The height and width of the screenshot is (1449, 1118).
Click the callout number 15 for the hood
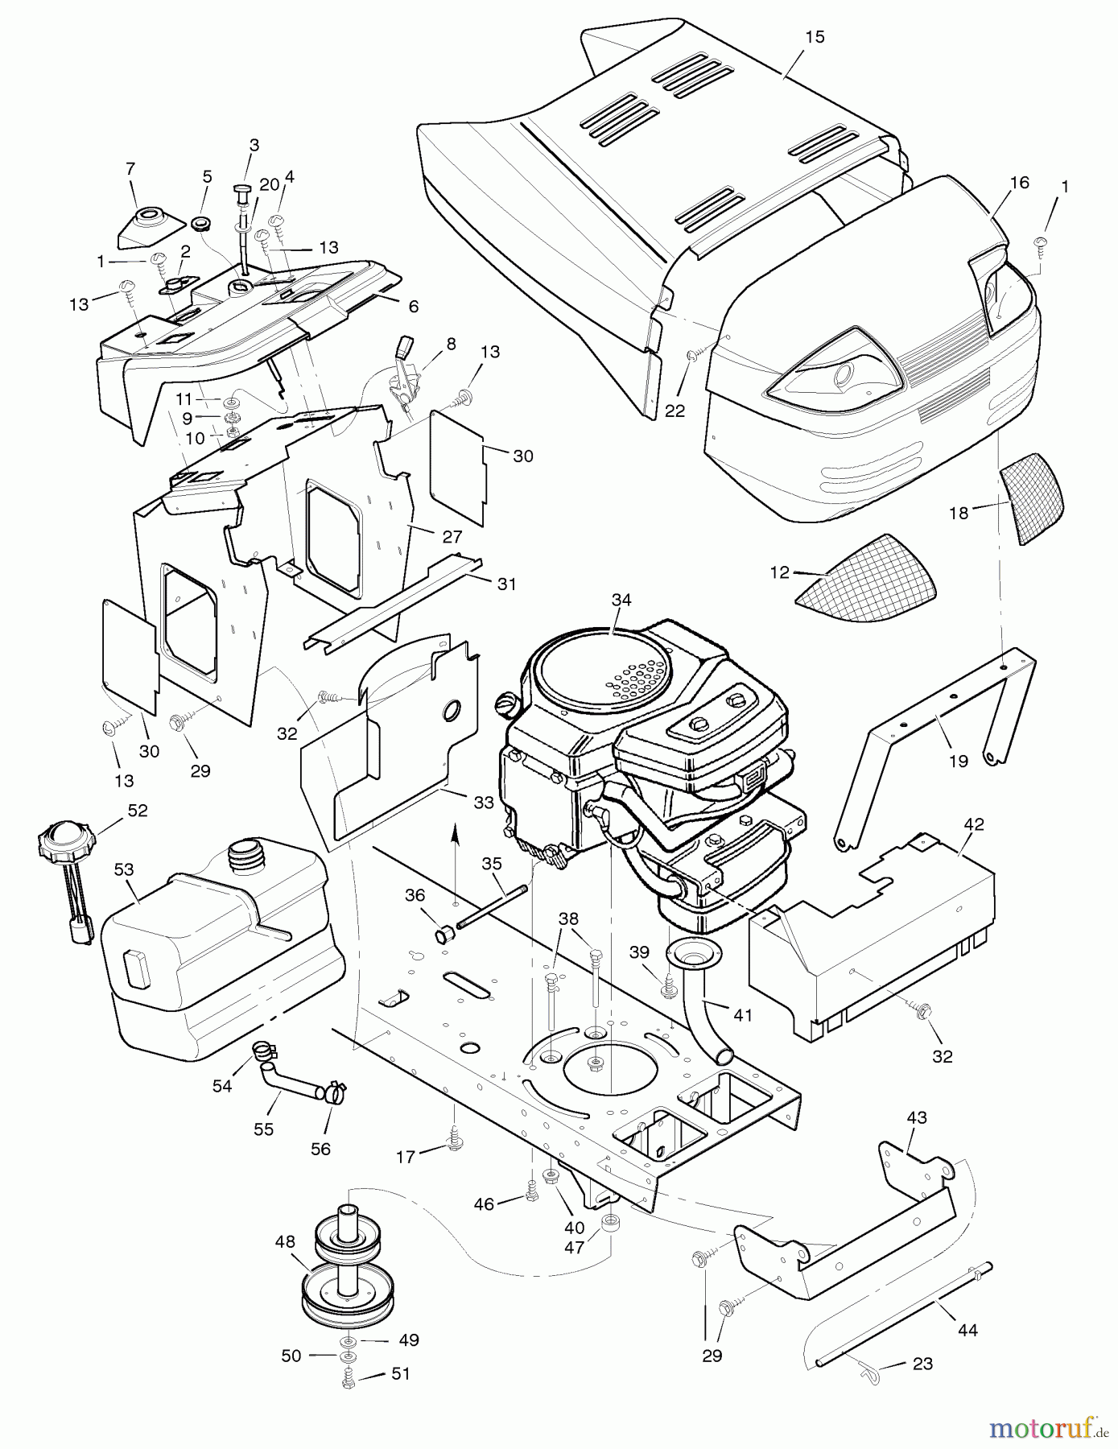[815, 37]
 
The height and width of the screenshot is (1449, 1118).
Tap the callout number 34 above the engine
[621, 600]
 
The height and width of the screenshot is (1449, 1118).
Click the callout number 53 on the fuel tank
[123, 869]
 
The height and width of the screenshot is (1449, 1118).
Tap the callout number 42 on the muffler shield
[974, 824]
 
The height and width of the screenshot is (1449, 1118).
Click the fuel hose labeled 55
[290, 1079]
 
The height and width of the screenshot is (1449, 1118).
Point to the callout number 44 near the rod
[967, 1330]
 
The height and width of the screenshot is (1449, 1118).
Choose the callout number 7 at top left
[130, 168]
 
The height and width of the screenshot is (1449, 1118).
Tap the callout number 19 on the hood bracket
[958, 760]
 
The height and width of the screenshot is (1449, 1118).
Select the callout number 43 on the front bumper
[917, 1117]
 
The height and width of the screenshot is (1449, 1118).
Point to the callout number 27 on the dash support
[452, 537]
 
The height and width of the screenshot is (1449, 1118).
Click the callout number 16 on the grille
[1019, 182]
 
